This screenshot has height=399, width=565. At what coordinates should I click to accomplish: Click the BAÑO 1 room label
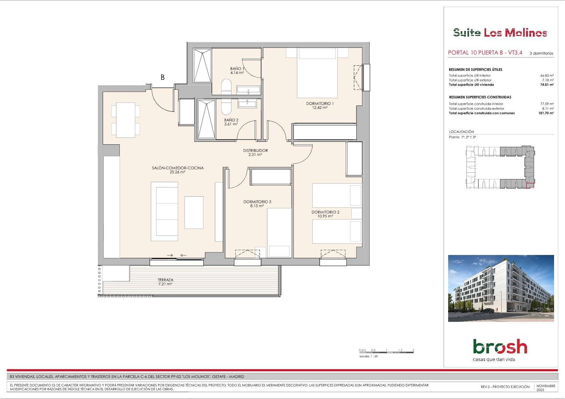point(237,68)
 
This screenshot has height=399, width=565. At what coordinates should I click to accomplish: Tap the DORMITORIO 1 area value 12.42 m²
point(320,108)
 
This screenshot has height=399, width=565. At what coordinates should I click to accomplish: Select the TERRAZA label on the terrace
point(165,280)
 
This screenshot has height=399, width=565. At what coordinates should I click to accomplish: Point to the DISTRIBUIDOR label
point(255,150)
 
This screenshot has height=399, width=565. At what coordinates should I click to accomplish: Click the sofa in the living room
point(165,212)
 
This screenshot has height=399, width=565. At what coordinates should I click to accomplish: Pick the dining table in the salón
point(126,120)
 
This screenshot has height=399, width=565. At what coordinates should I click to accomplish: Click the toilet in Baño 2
point(226,107)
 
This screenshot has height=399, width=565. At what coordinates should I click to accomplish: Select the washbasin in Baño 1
point(248,90)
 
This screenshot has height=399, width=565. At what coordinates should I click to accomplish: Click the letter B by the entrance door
point(163,77)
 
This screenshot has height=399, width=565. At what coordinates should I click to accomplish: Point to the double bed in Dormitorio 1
point(317,73)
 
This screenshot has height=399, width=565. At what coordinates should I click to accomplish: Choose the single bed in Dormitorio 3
point(279,233)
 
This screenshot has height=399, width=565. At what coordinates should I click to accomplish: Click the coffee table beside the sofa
point(194,213)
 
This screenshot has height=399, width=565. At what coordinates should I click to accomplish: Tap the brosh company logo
point(500,347)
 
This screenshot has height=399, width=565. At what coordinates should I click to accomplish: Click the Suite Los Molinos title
point(500,32)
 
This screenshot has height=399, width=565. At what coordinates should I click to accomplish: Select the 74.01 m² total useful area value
point(547,85)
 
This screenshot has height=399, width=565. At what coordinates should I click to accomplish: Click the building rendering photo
point(501,288)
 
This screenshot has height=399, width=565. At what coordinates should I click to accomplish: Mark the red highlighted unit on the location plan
point(530,185)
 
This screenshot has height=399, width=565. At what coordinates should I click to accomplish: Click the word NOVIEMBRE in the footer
point(546,386)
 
